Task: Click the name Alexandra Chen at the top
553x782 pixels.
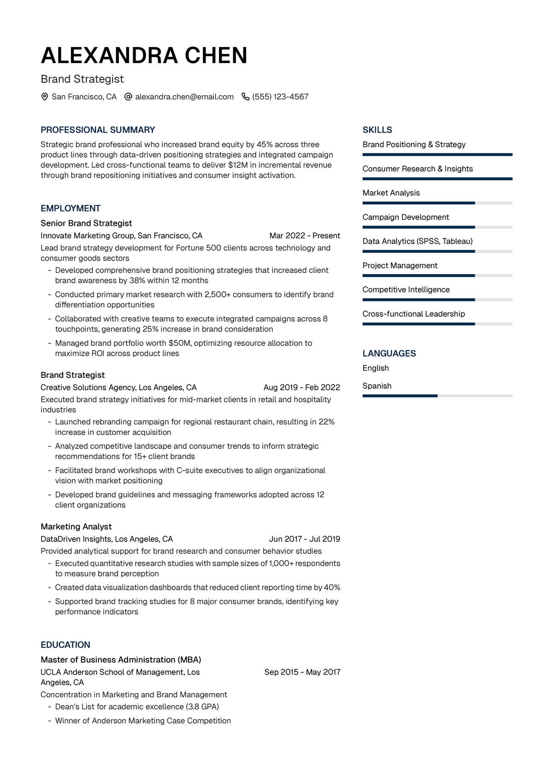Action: [144, 55]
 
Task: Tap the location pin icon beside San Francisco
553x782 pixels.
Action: [45, 97]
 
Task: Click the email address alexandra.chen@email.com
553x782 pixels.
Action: [184, 97]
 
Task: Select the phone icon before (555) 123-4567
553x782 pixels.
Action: [246, 97]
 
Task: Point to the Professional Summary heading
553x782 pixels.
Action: [98, 130]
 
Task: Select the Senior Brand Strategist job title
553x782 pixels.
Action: [86, 223]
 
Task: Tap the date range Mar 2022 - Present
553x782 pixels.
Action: [305, 235]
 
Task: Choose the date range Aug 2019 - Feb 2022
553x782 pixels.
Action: [302, 388]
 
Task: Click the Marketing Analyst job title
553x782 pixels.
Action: [76, 527]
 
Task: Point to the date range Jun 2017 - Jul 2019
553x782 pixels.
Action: [305, 539]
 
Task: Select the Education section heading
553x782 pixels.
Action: [65, 645]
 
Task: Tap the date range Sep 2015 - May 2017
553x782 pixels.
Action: [302, 672]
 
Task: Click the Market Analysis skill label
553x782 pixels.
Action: [391, 193]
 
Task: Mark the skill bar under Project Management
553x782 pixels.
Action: [437, 276]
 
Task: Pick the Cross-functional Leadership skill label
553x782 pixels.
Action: [414, 314]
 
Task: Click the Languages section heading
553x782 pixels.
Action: [389, 353]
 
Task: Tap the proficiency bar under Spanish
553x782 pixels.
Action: [437, 396]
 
